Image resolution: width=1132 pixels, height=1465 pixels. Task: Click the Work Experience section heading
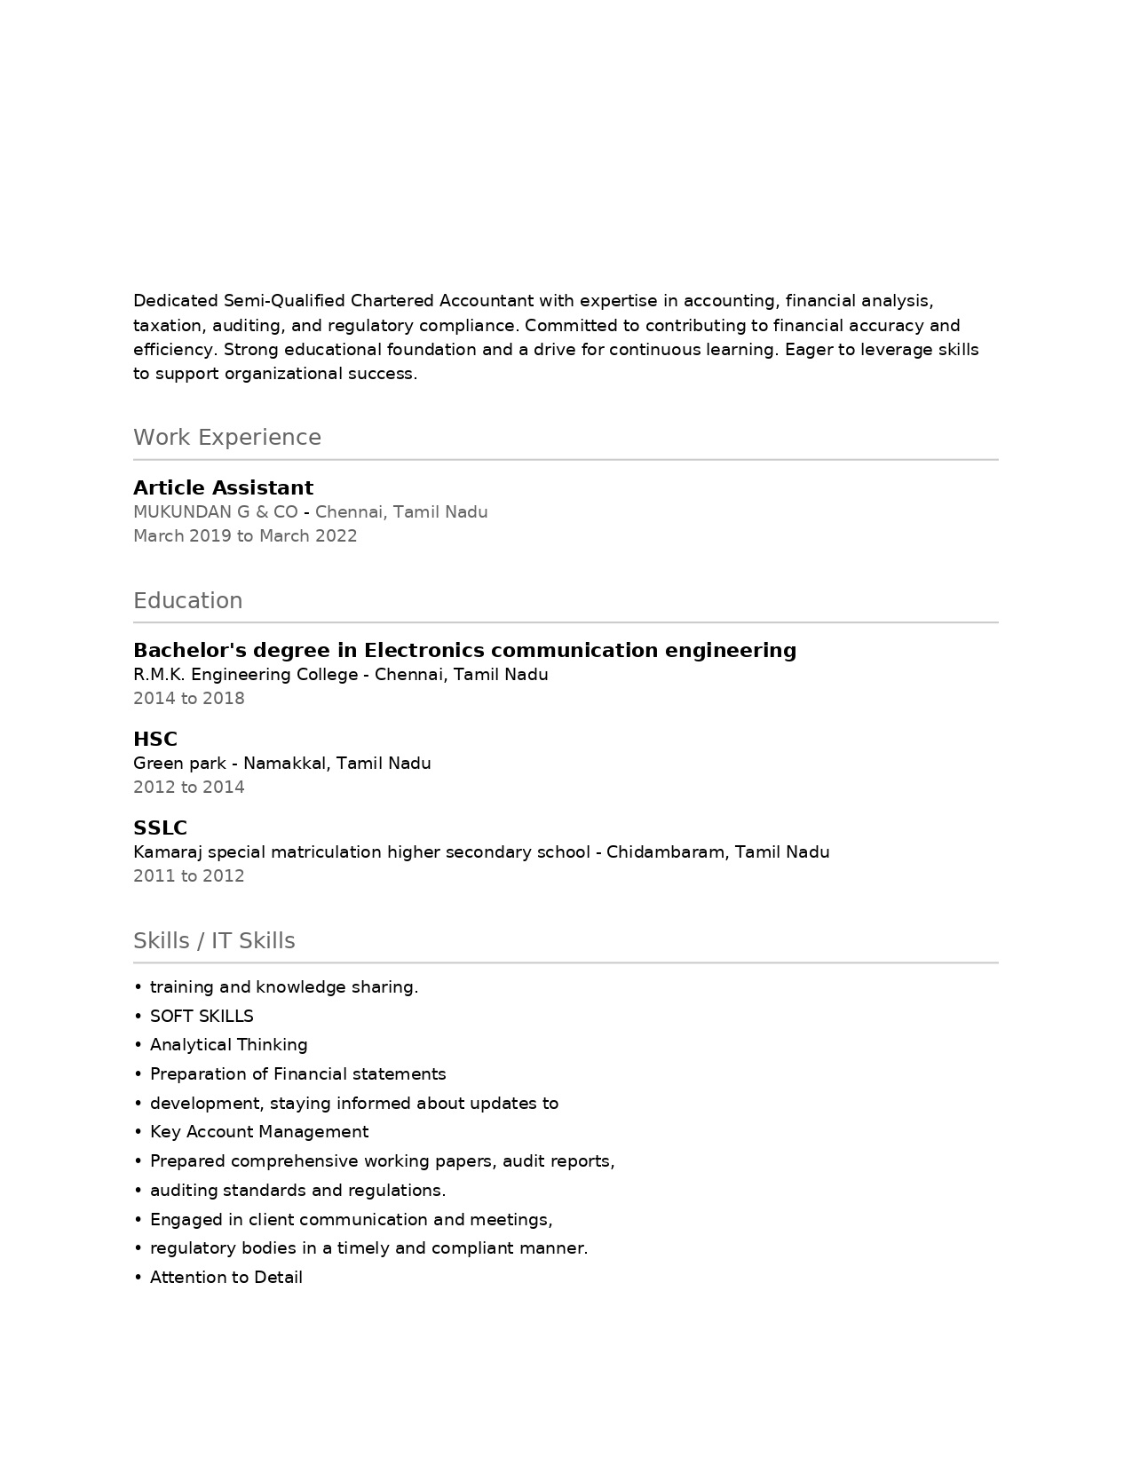226,438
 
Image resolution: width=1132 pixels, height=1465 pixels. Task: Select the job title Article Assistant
223,487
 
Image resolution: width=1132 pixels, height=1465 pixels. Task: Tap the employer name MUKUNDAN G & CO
216,512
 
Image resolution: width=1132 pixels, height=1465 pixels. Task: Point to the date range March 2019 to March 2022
245,536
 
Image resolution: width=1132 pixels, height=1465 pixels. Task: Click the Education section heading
187,601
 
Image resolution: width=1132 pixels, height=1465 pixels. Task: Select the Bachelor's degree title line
464,650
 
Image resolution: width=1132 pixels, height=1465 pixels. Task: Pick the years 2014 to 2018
188,699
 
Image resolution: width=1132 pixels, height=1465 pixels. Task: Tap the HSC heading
155,739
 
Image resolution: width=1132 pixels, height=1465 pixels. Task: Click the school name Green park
184,764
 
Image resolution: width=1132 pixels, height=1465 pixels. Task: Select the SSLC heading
160,828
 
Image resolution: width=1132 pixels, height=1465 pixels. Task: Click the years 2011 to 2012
188,876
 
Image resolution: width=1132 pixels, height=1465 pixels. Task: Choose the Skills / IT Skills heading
214,941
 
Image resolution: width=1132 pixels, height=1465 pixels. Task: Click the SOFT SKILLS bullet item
202,1017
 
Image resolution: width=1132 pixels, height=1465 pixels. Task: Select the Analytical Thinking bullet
228,1045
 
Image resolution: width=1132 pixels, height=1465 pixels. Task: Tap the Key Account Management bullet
258,1132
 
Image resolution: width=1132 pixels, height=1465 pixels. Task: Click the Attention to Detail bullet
226,1278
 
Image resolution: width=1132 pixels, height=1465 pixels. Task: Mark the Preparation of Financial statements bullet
297,1074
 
